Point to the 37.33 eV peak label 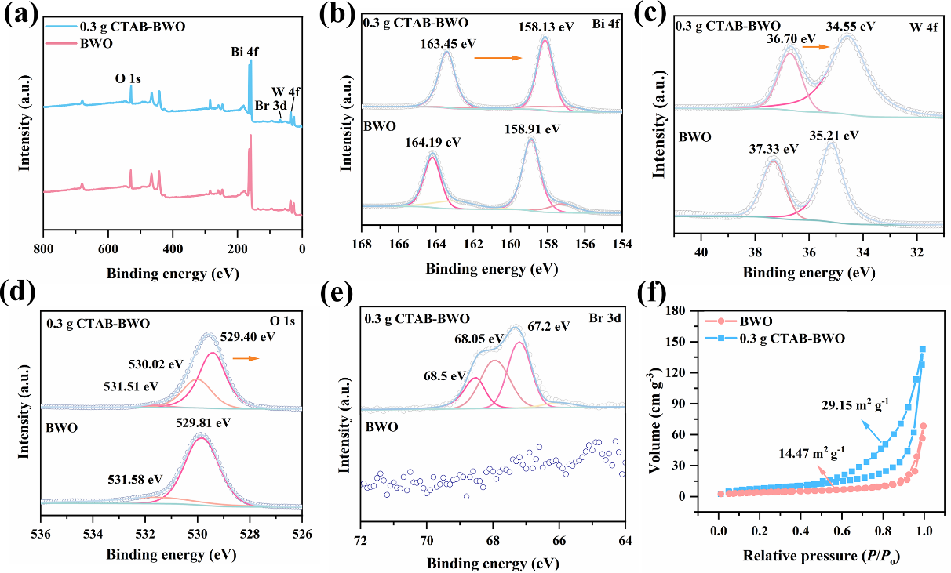[771, 149]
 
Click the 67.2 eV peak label [548, 327]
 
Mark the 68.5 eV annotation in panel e [439, 376]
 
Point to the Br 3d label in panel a [270, 107]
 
